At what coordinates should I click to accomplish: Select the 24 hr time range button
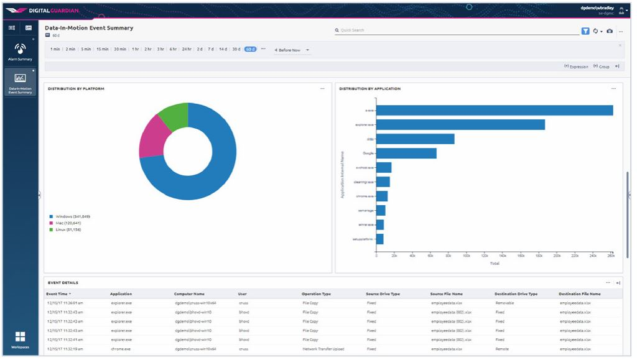[x=187, y=49]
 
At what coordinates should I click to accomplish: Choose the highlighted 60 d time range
[x=250, y=49]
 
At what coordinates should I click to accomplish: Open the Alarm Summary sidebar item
[x=20, y=51]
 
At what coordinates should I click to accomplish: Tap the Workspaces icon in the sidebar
[x=20, y=339]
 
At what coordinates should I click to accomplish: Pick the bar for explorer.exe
[x=460, y=124]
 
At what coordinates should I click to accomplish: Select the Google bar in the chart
[x=406, y=153]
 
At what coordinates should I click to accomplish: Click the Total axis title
[x=495, y=263]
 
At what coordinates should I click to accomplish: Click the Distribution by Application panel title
[x=370, y=89]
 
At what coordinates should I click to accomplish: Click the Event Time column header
[x=58, y=293]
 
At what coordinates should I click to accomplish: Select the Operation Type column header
[x=316, y=293]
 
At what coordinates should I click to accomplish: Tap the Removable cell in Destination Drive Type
[x=504, y=303]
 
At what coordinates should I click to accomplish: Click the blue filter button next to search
[x=585, y=31]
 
